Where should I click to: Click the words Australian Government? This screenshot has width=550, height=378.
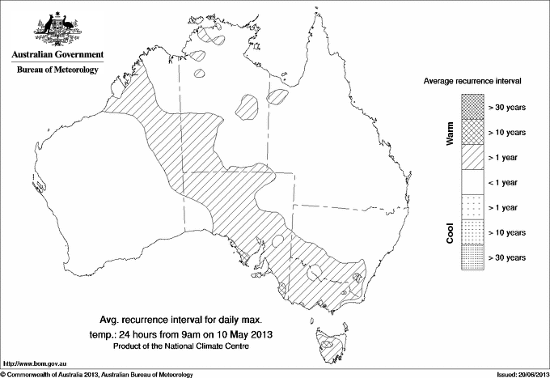pyautogui.click(x=57, y=55)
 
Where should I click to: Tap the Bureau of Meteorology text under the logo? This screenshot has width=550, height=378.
pyautogui.click(x=57, y=70)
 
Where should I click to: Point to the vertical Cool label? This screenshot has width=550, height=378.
pyautogui.click(x=449, y=232)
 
